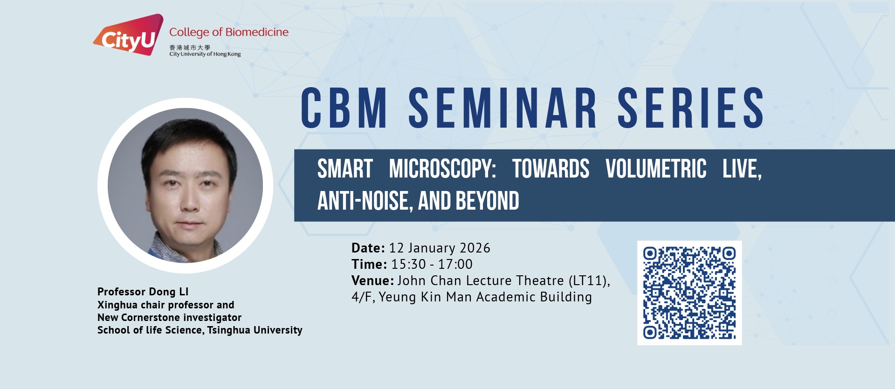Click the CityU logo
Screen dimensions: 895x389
pyautogui.click(x=128, y=34)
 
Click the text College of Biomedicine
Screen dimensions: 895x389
pyautogui.click(x=229, y=32)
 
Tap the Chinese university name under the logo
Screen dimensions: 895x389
pyautogui.click(x=190, y=48)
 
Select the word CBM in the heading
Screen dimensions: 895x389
pyautogui.click(x=344, y=108)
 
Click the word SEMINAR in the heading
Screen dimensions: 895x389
pyautogui.click(x=503, y=108)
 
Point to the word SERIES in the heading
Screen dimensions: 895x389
pyautogui.click(x=691, y=108)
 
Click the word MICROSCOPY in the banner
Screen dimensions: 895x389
pyautogui.click(x=442, y=169)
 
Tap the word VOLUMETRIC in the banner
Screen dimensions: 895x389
pyautogui.click(x=656, y=169)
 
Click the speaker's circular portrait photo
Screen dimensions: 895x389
pyautogui.click(x=185, y=185)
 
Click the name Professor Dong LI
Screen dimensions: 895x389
pyautogui.click(x=143, y=292)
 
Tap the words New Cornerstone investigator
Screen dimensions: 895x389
pyautogui.click(x=169, y=318)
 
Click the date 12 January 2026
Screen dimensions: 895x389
pyautogui.click(x=440, y=248)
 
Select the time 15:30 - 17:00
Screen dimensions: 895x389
pyautogui.click(x=432, y=264)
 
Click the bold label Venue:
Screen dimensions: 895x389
pyautogui.click(x=373, y=280)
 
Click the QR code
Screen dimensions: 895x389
pyautogui.click(x=689, y=293)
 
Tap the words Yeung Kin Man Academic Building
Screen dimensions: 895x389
pyautogui.click(x=485, y=297)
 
